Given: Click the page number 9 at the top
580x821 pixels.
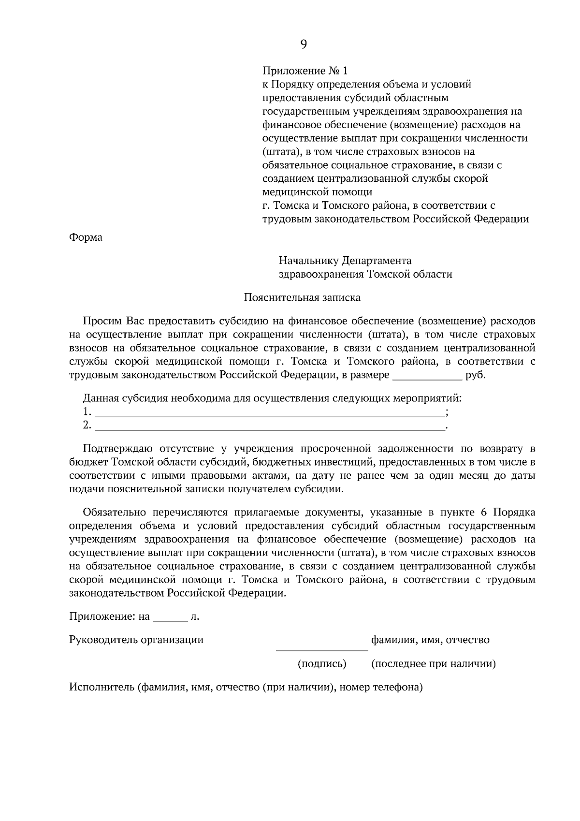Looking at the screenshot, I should pos(304,44).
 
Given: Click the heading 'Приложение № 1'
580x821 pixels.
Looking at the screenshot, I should pos(304,71).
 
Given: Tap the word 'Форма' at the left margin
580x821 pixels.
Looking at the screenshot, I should pos(86,238).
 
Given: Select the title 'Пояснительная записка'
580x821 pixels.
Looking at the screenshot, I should pos(302,297).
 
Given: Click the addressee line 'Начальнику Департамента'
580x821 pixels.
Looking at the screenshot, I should pos(345,261).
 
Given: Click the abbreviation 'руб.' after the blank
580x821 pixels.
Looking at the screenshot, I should pos(475,375).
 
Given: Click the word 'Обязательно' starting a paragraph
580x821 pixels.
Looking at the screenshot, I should pos(114,513).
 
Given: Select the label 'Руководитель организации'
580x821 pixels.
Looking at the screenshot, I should pos(136,640).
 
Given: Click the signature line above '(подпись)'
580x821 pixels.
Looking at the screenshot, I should pos(322,650).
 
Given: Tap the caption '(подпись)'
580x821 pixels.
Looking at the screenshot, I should pos(322,664).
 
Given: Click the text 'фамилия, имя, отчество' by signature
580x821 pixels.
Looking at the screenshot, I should pos(430,640).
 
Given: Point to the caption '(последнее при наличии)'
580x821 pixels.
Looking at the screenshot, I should pos(433,664).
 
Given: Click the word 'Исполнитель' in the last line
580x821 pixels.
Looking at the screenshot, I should pos(101,687).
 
